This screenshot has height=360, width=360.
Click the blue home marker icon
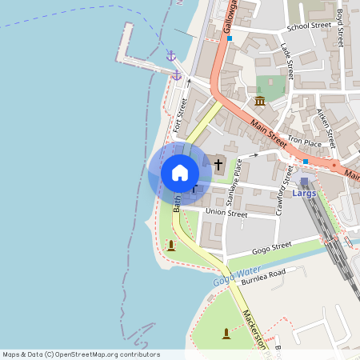click(180, 172)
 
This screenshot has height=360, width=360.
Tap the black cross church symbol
click(218, 164)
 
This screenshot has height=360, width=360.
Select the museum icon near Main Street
click(260, 101)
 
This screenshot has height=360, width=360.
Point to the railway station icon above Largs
click(304, 182)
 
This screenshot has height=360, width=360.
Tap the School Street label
click(309, 26)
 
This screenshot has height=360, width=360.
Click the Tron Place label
click(305, 142)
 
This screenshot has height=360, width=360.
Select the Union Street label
click(226, 213)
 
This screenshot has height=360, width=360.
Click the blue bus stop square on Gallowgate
click(230, 38)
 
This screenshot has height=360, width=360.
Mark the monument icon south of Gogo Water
click(226, 333)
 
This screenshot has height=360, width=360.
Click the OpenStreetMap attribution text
click(80, 354)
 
